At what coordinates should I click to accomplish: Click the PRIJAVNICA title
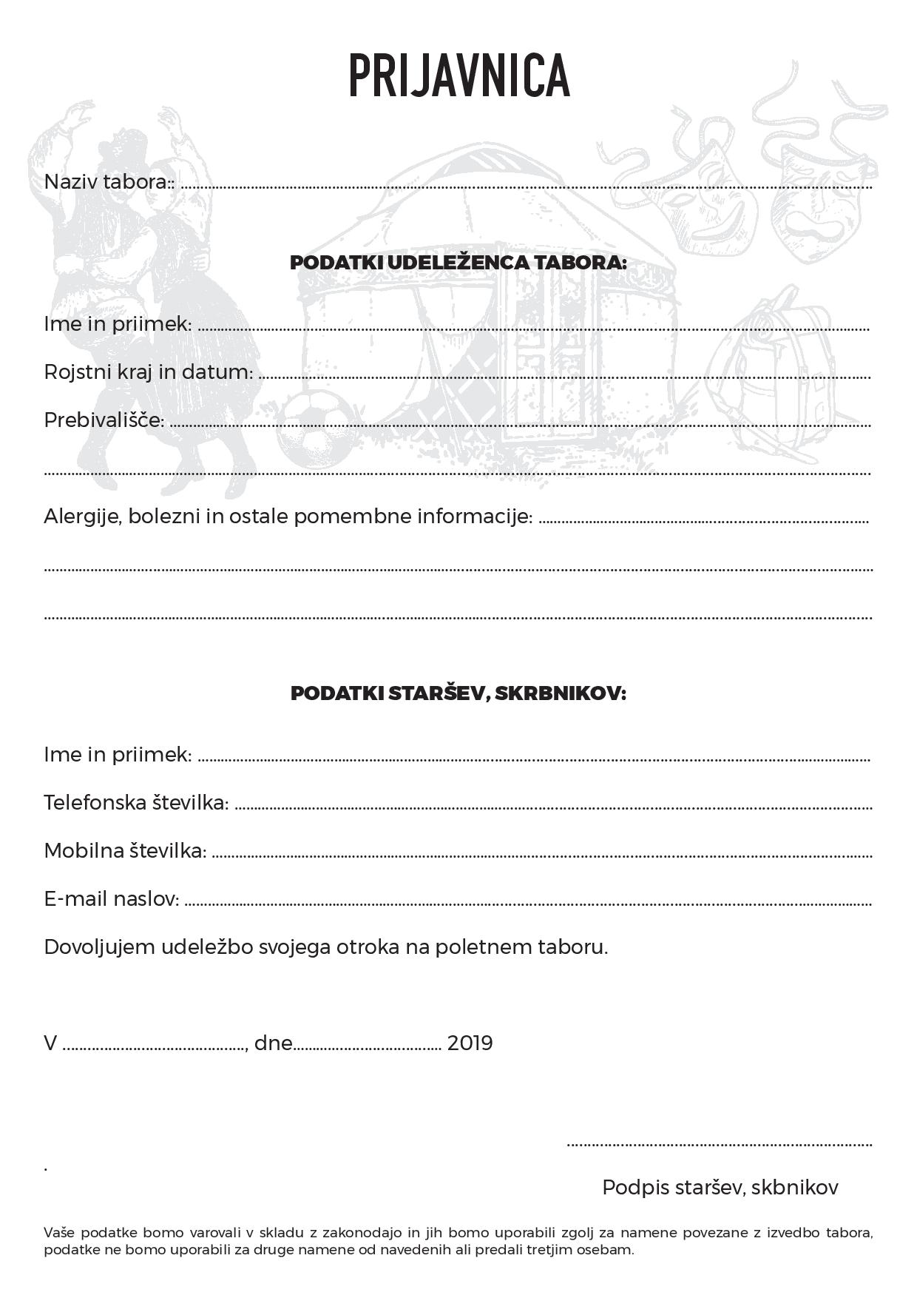coord(458,75)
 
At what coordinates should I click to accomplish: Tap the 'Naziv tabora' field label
coord(108,182)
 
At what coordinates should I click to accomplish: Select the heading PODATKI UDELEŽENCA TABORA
coord(458,263)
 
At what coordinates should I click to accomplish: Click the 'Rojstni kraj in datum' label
coord(148,371)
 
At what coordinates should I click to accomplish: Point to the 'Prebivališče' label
coord(104,420)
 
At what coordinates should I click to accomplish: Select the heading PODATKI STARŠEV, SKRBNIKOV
coord(458,693)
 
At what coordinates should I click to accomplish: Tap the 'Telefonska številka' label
coord(136,802)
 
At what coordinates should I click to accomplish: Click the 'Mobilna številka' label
coord(125,851)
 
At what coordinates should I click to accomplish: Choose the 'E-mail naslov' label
coord(112,899)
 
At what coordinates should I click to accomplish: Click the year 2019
coord(470,1043)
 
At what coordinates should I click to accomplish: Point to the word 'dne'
coord(274,1043)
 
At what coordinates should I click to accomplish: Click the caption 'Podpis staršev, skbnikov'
coord(720,1188)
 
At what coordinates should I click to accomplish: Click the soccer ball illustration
coord(314,429)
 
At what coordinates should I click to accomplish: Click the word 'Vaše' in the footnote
coord(59,1233)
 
